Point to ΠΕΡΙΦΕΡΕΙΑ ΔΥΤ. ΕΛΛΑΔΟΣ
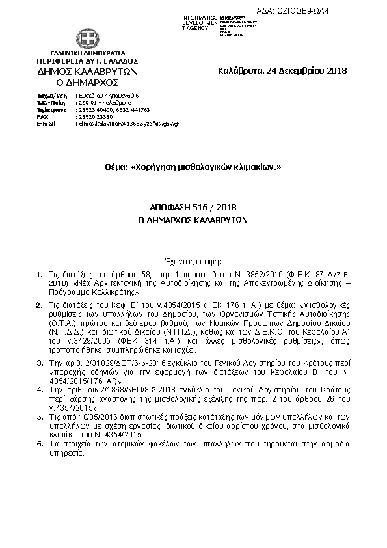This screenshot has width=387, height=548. (x=88, y=60)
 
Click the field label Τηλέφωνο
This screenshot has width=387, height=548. (x=51, y=110)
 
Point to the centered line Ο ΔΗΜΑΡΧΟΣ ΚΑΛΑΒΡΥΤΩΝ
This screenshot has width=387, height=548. (x=193, y=220)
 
